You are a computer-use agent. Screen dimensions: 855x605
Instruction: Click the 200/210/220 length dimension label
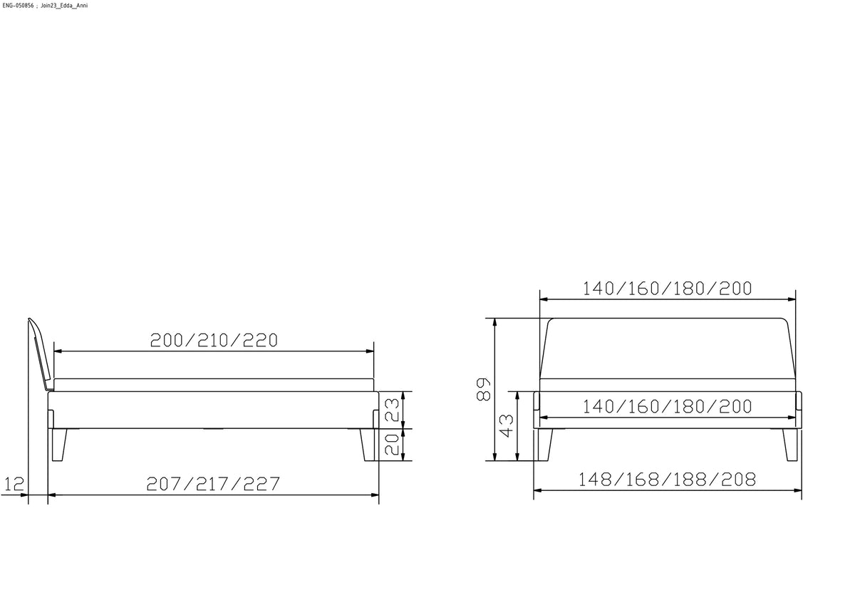click(x=214, y=341)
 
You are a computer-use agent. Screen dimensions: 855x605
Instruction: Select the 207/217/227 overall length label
click(x=213, y=484)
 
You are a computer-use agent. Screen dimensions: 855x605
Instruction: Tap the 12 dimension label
click(x=14, y=484)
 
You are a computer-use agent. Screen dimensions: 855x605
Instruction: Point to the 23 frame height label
click(x=392, y=410)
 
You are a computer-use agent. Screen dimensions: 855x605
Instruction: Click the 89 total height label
click(x=484, y=389)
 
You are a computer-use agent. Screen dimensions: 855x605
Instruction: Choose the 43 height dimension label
click(x=506, y=425)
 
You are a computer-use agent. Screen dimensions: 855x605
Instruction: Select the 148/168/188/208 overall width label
click(x=667, y=480)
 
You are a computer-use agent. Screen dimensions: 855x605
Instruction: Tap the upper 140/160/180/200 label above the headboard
click(x=667, y=289)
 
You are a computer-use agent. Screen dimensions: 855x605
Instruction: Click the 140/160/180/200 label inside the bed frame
click(x=667, y=406)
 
